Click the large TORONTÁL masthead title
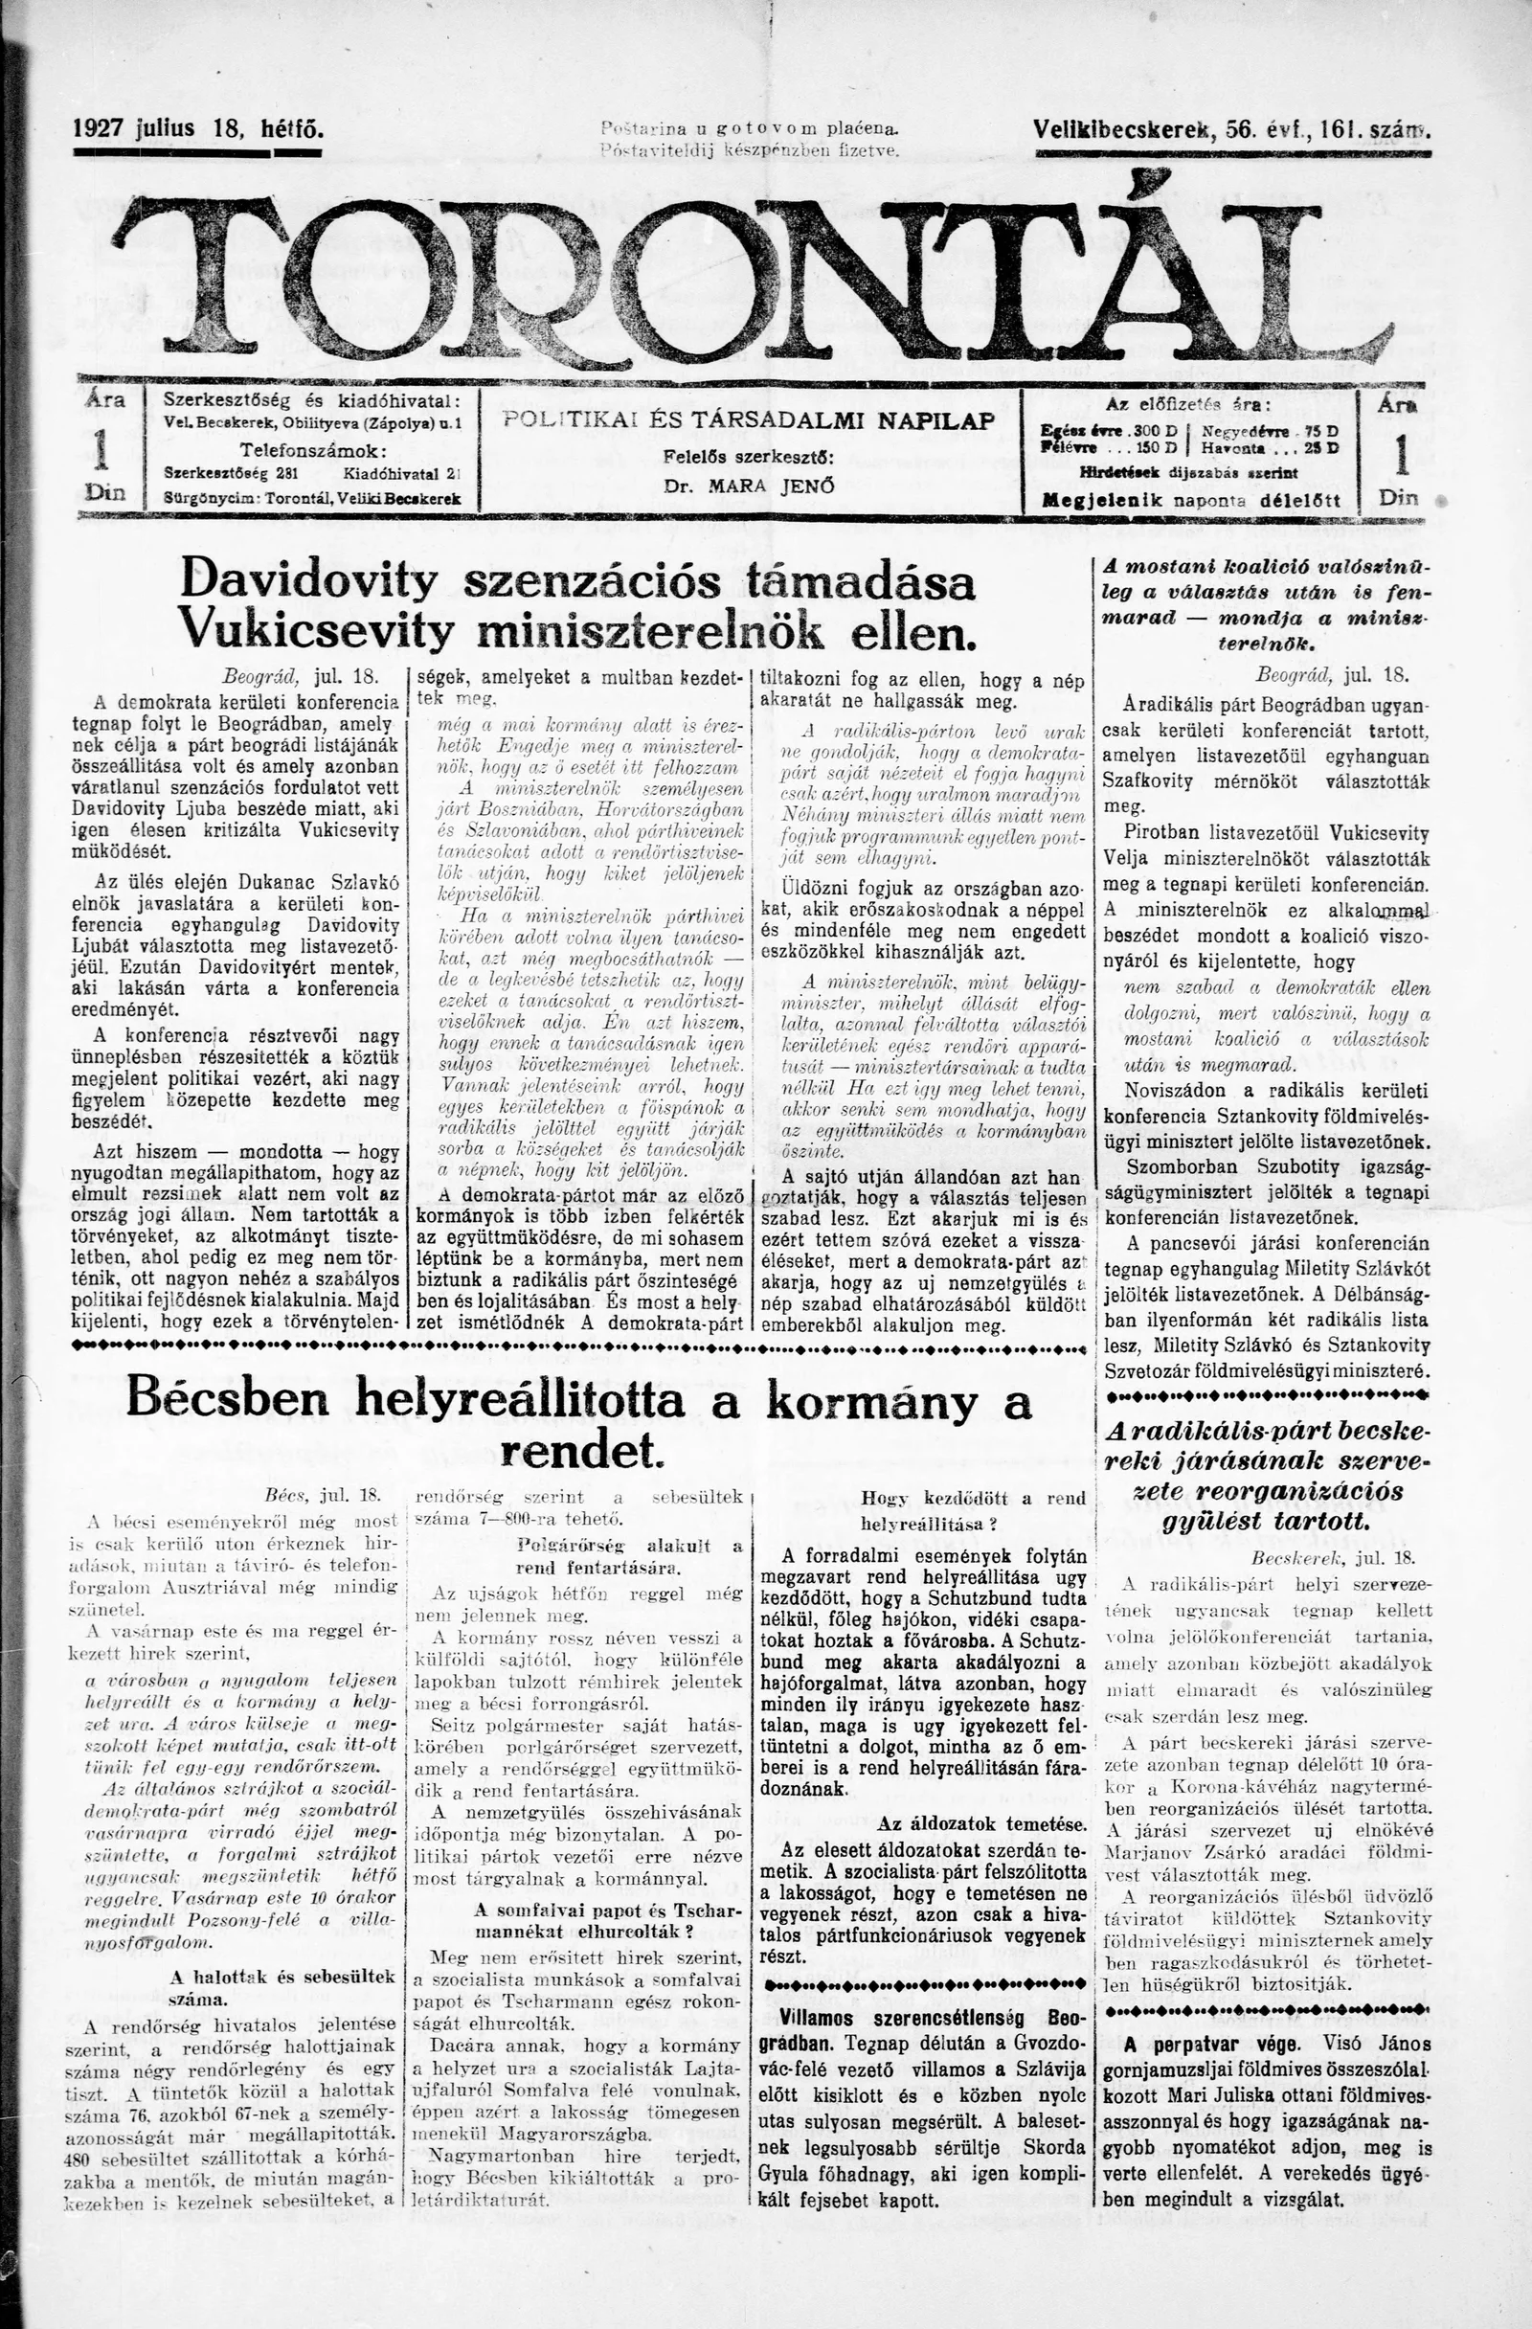(754, 279)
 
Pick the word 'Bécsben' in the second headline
(227, 1400)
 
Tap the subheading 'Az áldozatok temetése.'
(981, 1824)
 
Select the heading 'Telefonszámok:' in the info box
(313, 451)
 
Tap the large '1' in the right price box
(1400, 455)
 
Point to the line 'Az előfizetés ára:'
(1188, 404)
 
